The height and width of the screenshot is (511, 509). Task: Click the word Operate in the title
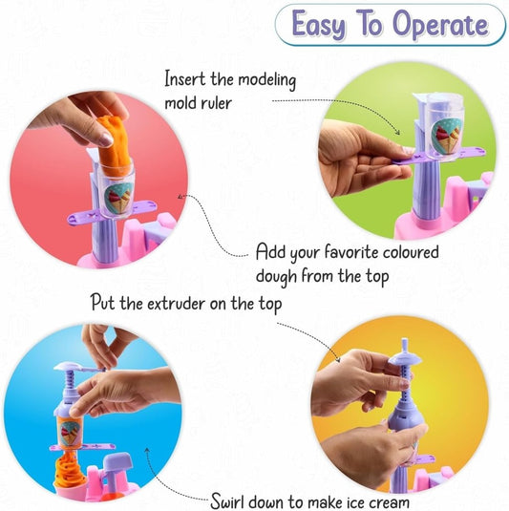tap(440, 25)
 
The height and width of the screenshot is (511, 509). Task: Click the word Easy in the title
tap(318, 25)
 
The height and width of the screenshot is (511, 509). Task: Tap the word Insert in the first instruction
tap(184, 78)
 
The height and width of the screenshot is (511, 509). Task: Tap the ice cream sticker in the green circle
tap(446, 136)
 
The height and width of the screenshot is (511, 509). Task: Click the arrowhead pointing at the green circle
tap(397, 132)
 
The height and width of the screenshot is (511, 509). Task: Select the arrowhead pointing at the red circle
tap(180, 197)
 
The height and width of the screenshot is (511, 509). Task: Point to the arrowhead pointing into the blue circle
tap(147, 451)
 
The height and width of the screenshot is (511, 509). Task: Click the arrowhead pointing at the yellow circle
tap(338, 359)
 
